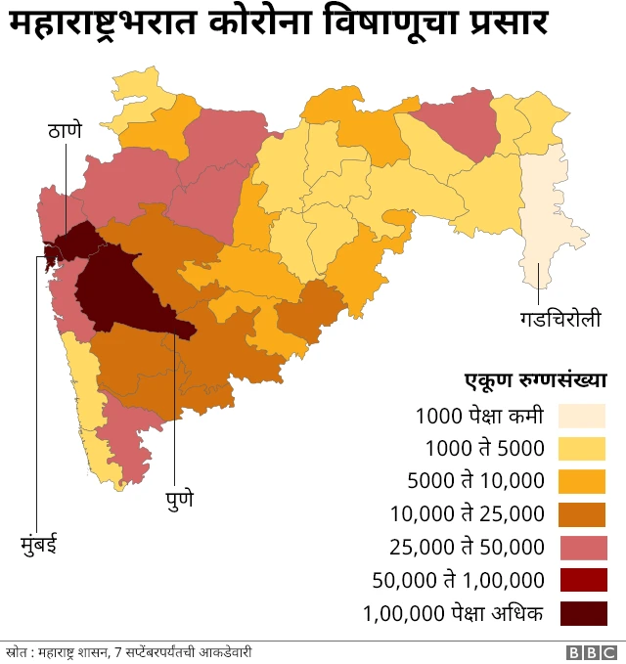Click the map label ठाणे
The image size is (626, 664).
pyautogui.click(x=66, y=130)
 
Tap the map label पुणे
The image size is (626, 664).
pyautogui.click(x=178, y=498)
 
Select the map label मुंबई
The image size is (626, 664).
pyautogui.click(x=39, y=541)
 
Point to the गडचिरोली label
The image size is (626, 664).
pyautogui.click(x=559, y=319)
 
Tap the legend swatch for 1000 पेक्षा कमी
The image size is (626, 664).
pyautogui.click(x=582, y=416)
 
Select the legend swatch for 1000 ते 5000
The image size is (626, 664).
pyautogui.click(x=582, y=449)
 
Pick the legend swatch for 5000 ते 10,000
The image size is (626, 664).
pyautogui.click(x=582, y=481)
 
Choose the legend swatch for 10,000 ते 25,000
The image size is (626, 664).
pyautogui.click(x=582, y=514)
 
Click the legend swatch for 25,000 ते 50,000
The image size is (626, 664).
pyautogui.click(x=582, y=547)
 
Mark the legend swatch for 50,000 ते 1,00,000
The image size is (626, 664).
pyautogui.click(x=582, y=580)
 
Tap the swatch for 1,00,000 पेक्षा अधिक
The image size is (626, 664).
pyautogui.click(x=582, y=613)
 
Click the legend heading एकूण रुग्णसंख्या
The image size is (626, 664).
pyautogui.click(x=535, y=379)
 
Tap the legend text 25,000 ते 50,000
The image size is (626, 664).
pyautogui.click(x=467, y=547)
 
